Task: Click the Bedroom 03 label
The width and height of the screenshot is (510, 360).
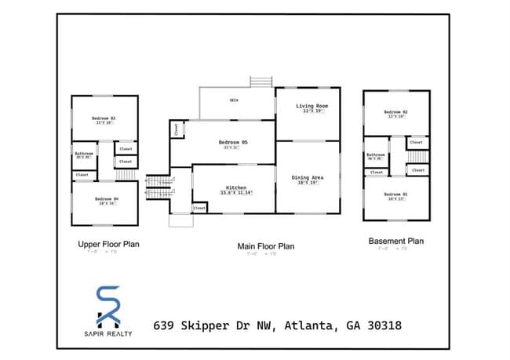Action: point(104,118)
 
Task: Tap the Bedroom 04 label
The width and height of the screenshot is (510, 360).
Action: point(105,199)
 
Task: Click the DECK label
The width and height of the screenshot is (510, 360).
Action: point(234,100)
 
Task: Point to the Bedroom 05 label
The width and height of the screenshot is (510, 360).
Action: point(233,142)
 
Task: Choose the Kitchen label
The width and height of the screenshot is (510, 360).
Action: point(235,188)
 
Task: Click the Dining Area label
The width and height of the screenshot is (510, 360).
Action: point(308,177)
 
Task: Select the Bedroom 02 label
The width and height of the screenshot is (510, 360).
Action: point(395,112)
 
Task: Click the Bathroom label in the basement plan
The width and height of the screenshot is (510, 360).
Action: point(376,155)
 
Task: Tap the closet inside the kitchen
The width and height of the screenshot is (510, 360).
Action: point(199,208)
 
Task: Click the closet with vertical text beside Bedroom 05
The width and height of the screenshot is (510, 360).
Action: point(176,129)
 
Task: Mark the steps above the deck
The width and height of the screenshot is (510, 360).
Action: point(260,82)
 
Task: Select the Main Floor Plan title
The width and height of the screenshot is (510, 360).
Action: point(266,246)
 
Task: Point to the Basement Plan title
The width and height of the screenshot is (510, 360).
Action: point(395,241)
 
